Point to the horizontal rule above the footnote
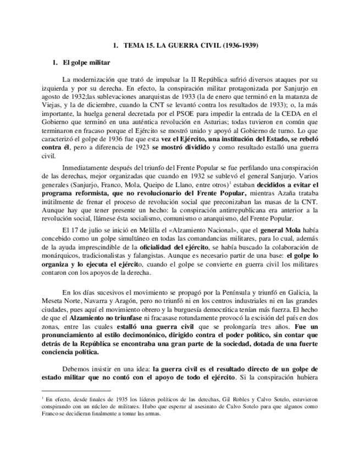(76, 390)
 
